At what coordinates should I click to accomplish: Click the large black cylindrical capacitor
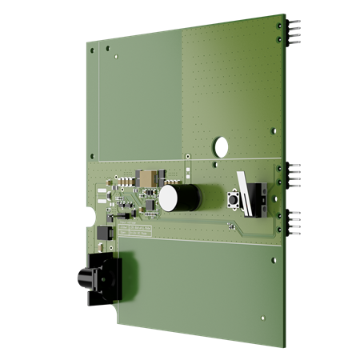pyautogui.click(x=187, y=197)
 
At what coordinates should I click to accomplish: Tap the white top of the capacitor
pyautogui.click(x=169, y=198)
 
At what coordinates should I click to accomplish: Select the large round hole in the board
pyautogui.click(x=219, y=146)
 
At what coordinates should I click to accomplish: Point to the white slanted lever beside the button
pyautogui.click(x=244, y=194)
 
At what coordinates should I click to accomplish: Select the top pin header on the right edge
pyautogui.click(x=294, y=32)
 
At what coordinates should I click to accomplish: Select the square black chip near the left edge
pyautogui.click(x=102, y=233)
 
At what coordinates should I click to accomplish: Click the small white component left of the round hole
pyautogui.click(x=189, y=170)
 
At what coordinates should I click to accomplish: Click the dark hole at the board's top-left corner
pyautogui.click(x=92, y=50)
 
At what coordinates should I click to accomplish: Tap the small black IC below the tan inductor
pyautogui.click(x=149, y=193)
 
